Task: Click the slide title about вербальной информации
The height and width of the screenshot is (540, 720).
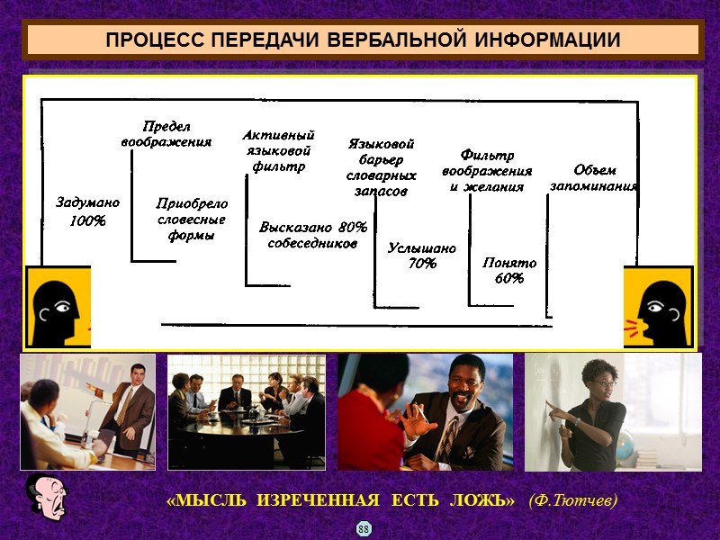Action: click(362, 41)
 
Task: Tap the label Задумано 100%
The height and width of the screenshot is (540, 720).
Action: click(87, 211)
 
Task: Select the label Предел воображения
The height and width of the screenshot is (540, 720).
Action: click(166, 134)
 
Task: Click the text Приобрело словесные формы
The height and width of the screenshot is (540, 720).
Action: click(192, 220)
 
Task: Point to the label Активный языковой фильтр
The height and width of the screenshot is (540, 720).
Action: click(278, 150)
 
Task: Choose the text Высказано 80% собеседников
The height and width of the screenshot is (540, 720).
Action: click(313, 235)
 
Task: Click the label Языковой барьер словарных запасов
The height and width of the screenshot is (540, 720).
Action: click(381, 167)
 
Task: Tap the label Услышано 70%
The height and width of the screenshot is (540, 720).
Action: click(421, 256)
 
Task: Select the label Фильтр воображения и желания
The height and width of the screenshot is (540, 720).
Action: click(487, 171)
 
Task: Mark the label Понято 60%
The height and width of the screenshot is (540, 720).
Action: click(509, 271)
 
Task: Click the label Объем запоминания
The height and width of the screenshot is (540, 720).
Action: click(594, 178)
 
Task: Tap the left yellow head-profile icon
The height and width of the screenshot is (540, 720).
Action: click(57, 307)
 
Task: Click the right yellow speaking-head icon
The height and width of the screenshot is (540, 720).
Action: click(660, 307)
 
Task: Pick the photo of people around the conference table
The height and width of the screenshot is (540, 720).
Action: click(246, 411)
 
